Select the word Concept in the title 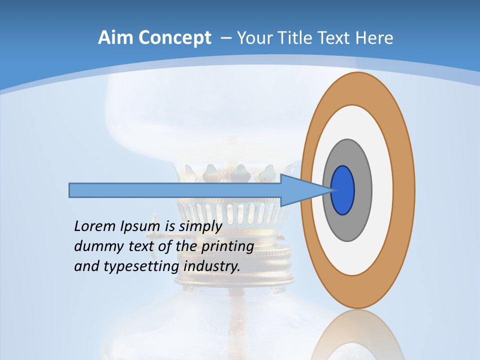175,37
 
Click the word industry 212,266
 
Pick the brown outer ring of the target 404,190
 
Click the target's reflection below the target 357,335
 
